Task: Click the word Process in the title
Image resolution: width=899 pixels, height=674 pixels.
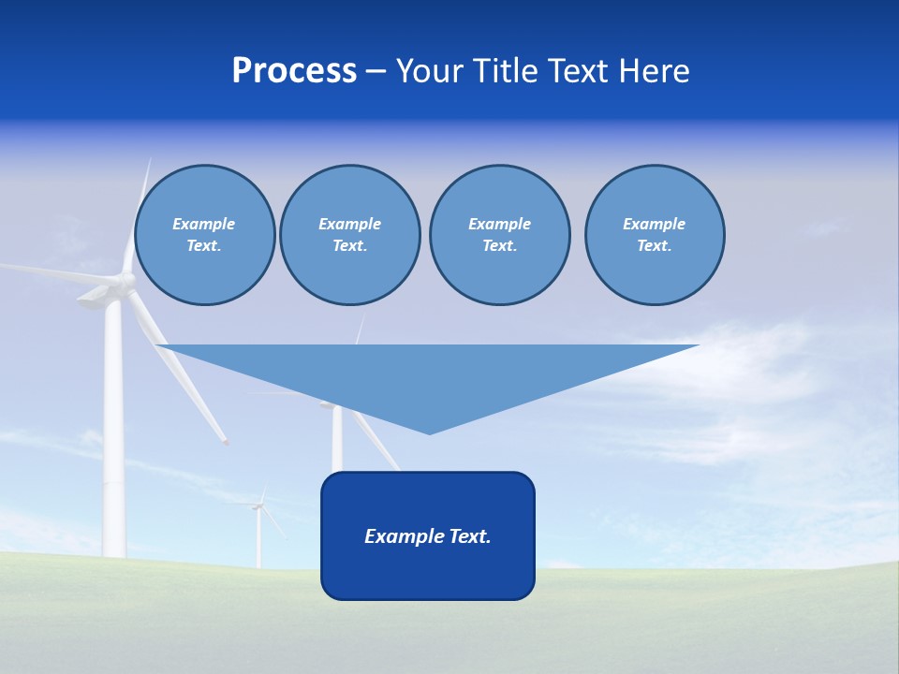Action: [x=294, y=71]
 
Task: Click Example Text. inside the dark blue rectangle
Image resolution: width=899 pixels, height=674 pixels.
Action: [x=428, y=536]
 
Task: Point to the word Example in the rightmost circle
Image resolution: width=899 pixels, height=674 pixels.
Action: [x=655, y=224]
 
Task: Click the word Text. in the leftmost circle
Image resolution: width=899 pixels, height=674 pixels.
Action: [x=204, y=245]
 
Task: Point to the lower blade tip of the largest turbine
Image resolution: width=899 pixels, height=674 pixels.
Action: [x=225, y=441]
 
